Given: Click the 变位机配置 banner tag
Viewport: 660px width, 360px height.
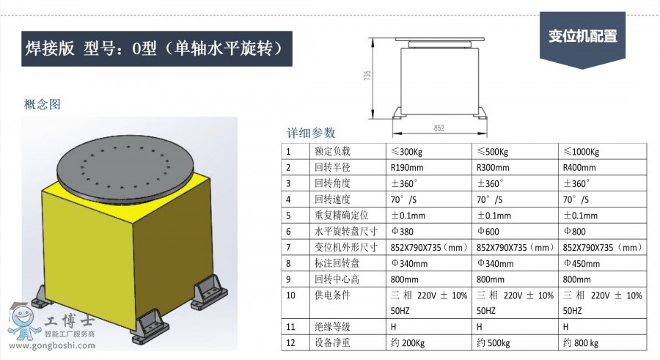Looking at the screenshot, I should tap(583, 36).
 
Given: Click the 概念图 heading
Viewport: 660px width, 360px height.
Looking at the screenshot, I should tap(42, 104).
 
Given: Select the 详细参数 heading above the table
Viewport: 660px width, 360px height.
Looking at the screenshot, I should tap(311, 133).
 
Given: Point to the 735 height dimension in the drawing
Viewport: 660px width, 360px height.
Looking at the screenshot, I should tap(368, 75).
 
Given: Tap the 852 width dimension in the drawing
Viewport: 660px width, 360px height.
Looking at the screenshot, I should tap(439, 128).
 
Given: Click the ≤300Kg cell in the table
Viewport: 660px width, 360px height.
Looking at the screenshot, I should tap(407, 152).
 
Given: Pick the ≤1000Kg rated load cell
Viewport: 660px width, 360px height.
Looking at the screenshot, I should tap(581, 152).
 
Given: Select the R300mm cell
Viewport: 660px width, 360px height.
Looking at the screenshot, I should tap(493, 167).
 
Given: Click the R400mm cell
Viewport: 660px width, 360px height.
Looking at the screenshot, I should tap(578, 167).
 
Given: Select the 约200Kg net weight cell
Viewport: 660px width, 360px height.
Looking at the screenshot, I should tap(407, 343).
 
